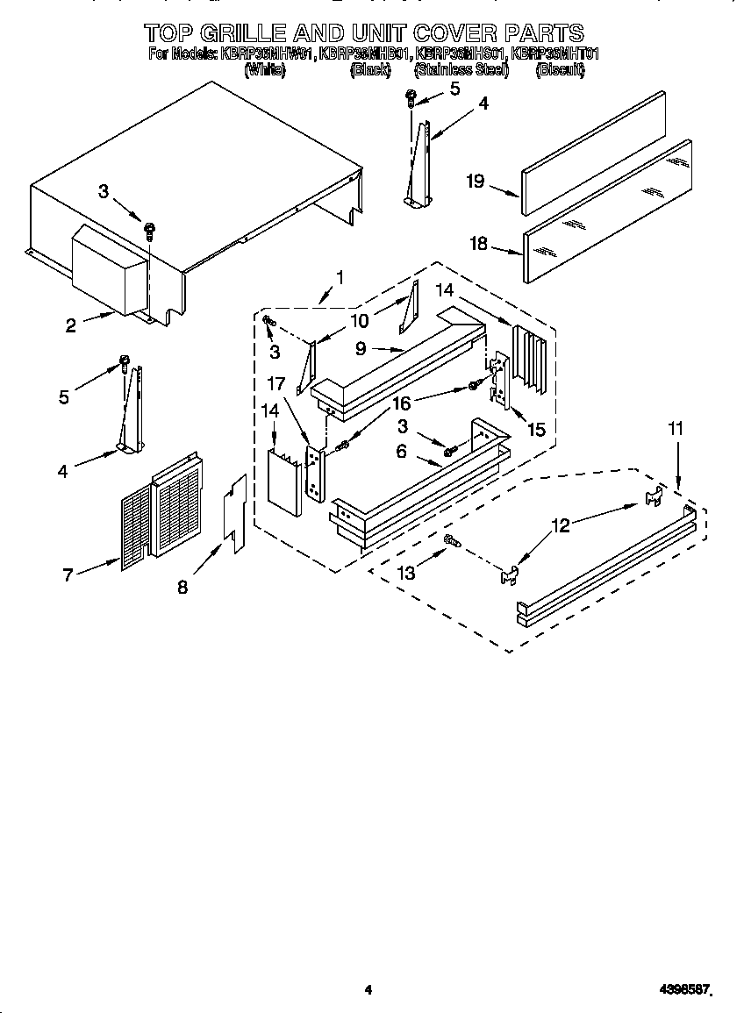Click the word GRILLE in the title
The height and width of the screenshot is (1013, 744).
tap(245, 33)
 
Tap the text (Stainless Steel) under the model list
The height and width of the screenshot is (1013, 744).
tap(461, 70)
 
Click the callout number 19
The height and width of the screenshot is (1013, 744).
tap(476, 182)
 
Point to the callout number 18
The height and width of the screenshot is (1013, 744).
tap(478, 244)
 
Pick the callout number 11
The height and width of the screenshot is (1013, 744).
tap(676, 429)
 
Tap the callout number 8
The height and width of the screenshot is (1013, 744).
tap(182, 588)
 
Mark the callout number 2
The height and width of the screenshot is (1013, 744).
tap(70, 325)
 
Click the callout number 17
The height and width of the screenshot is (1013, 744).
tap(277, 382)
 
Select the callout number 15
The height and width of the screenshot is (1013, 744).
tap(536, 429)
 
